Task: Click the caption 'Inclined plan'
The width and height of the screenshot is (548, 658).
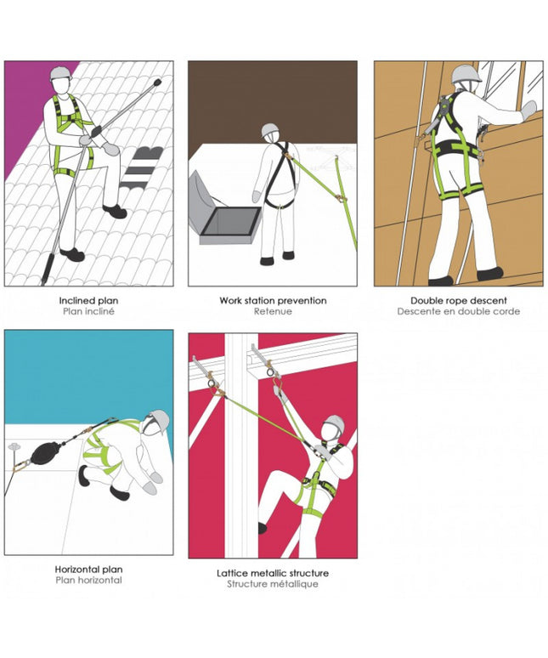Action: tap(88, 300)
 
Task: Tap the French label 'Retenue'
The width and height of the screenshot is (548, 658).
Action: tap(273, 311)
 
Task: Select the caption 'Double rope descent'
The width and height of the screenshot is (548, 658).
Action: tap(458, 300)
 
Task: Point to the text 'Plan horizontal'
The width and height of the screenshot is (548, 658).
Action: tap(88, 581)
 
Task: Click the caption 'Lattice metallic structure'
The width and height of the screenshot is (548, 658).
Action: tap(273, 573)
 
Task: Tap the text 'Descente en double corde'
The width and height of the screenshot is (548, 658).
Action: tap(458, 311)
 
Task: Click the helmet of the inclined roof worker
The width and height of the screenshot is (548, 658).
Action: tap(61, 74)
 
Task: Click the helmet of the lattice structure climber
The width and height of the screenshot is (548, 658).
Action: tap(336, 424)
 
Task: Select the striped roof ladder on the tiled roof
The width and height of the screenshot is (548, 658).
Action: tap(143, 167)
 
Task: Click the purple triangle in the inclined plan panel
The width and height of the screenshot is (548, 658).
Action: tap(30, 105)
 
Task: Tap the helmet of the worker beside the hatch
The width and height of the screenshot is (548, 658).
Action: tap(270, 131)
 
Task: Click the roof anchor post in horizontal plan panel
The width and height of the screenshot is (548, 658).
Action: tap(14, 449)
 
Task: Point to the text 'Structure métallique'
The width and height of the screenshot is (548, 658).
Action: tap(273, 584)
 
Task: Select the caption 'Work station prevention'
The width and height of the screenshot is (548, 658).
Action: tap(273, 300)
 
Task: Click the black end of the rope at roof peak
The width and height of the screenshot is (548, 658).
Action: tap(157, 82)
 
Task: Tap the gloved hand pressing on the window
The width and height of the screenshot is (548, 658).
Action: tap(528, 110)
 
